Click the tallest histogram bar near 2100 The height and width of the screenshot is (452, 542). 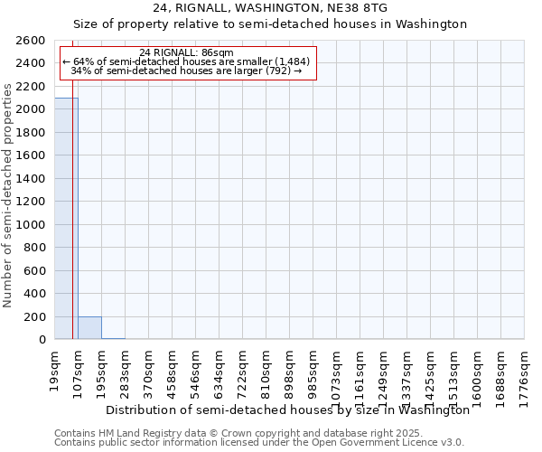[x=66, y=218]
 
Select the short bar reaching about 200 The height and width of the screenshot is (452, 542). [x=89, y=328]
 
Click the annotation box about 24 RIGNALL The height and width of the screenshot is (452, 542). [x=187, y=61]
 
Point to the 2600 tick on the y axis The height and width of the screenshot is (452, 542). [x=32, y=41]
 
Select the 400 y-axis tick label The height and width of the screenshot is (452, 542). [x=34, y=294]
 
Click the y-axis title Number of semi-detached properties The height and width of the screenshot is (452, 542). [x=8, y=195]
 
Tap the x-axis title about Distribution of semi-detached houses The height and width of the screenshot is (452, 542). [x=287, y=410]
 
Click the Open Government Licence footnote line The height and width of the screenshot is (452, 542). [x=258, y=443]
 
